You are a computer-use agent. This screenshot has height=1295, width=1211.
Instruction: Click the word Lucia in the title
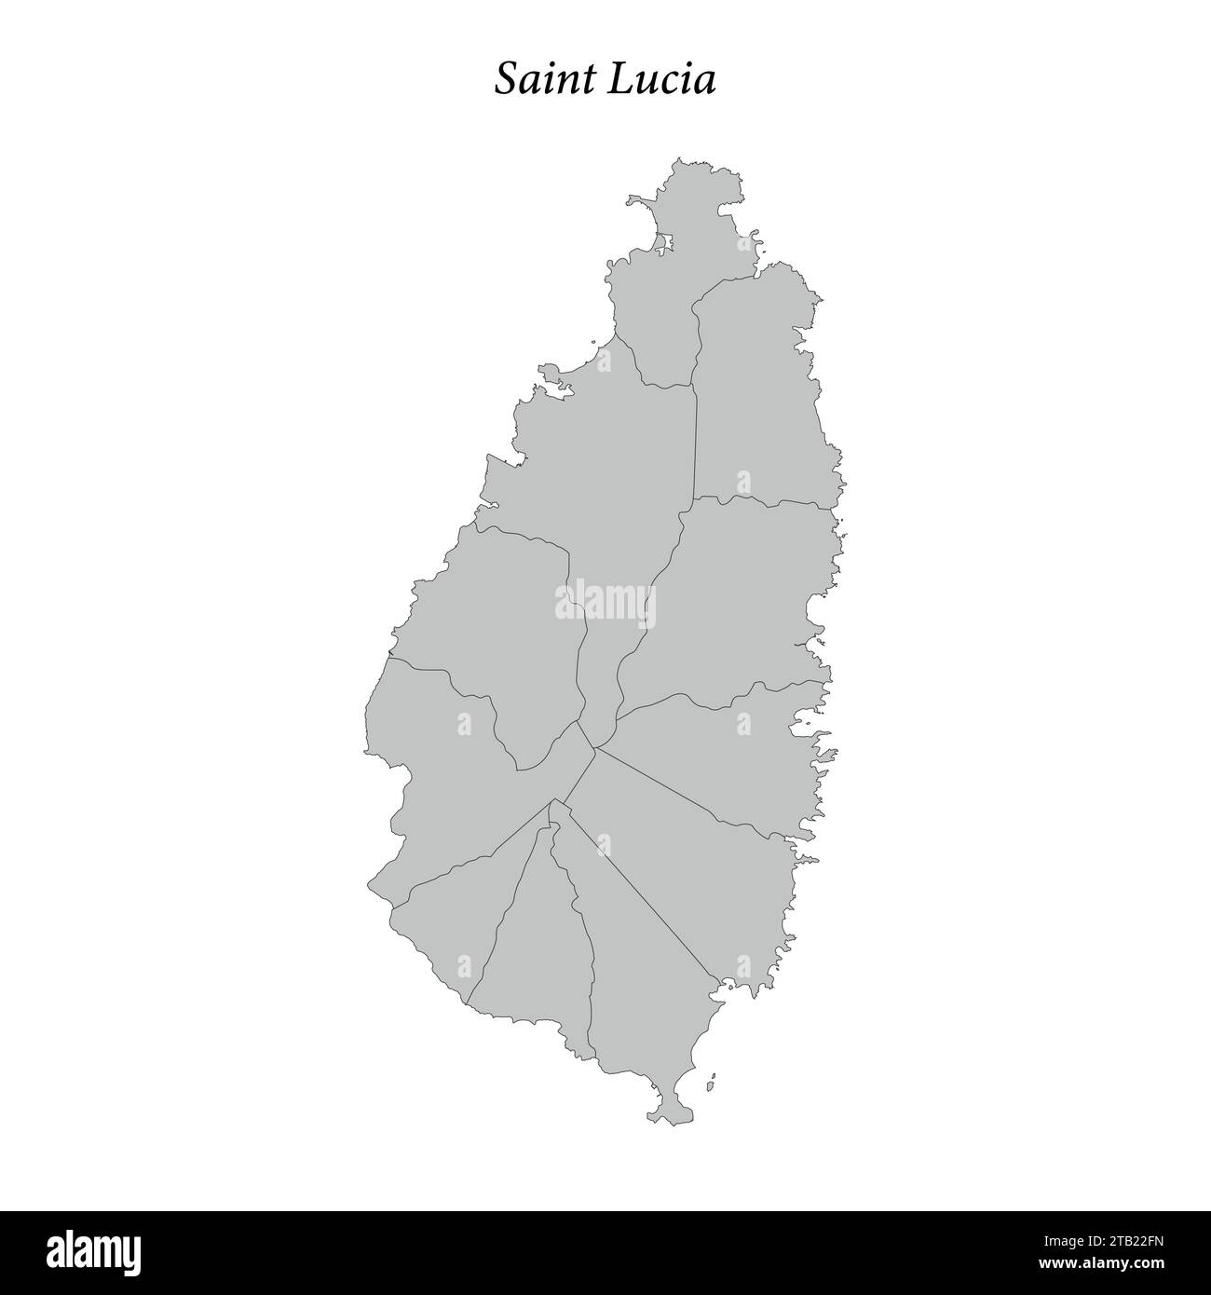pyautogui.click(x=662, y=80)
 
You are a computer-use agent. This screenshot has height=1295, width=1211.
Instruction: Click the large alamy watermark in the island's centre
pyautogui.click(x=605, y=601)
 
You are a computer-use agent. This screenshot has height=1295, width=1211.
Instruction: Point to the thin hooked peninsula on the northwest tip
pyautogui.click(x=637, y=201)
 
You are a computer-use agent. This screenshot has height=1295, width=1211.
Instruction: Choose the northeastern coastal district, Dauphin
pyautogui.click(x=759, y=391)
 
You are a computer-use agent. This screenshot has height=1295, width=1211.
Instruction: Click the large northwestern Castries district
pyautogui.click(x=596, y=466)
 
